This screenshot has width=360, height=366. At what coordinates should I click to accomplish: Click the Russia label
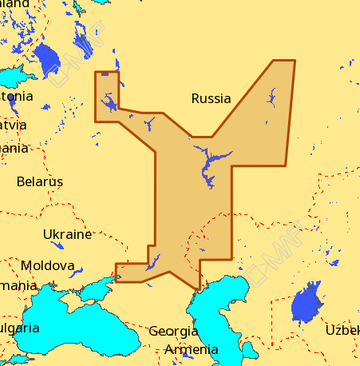point(210,99)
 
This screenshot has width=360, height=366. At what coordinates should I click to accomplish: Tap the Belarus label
point(39,182)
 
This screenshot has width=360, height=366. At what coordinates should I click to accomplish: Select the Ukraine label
point(67,234)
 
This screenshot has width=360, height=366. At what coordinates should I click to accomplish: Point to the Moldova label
point(47,266)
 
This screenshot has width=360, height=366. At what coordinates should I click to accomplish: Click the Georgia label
point(173,331)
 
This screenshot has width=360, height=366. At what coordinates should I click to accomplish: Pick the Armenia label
point(190,350)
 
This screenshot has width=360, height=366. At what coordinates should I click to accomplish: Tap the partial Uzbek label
point(342,330)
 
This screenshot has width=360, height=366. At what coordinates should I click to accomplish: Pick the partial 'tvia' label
point(13,126)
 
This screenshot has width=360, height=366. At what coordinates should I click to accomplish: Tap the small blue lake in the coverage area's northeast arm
point(272,97)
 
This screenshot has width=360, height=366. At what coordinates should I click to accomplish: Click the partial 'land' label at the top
point(15,4)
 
